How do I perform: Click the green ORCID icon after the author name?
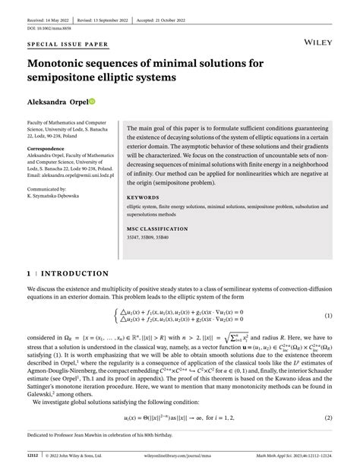(92, 102)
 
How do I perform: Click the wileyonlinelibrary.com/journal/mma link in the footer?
(180, 456)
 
